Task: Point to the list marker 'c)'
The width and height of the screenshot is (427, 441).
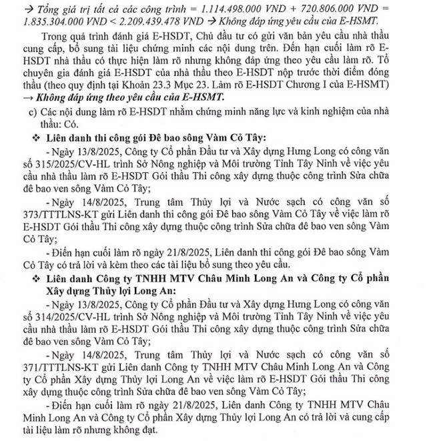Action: tap(43, 111)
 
